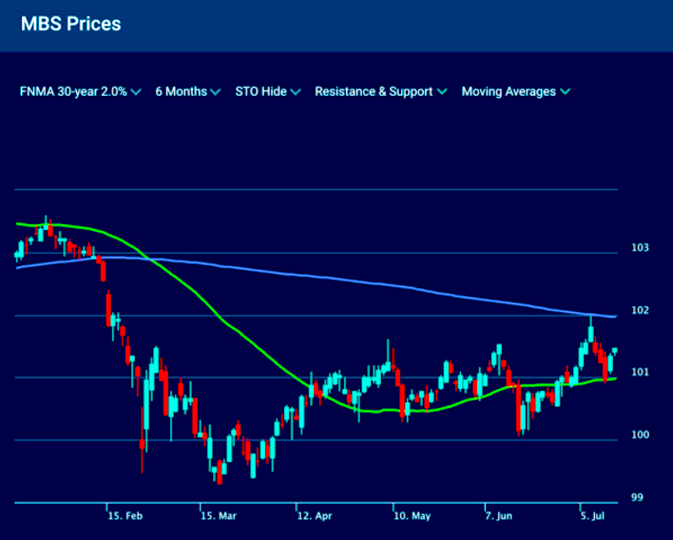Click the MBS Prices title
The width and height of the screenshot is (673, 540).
[x=71, y=24]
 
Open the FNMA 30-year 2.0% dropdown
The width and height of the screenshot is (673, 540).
[x=80, y=92]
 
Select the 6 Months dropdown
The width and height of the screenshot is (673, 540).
[x=188, y=92]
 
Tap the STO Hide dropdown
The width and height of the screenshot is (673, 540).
[x=267, y=92]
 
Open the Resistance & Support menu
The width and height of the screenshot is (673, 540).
[x=381, y=92]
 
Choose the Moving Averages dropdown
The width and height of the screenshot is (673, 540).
[x=515, y=92]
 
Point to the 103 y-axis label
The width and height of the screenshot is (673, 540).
[x=639, y=248]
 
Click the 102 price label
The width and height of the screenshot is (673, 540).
[x=639, y=310]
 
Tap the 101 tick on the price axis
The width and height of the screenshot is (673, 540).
[x=639, y=372]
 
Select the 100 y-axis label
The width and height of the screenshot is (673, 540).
[x=639, y=435]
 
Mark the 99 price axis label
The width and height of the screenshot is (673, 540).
[x=637, y=498]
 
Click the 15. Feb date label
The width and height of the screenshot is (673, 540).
[x=125, y=516]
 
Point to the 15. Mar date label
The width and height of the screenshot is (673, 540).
[x=219, y=516]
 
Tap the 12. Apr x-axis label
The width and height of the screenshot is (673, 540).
[x=314, y=516]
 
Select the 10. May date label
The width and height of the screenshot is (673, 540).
[x=412, y=516]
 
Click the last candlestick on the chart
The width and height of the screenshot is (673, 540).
[x=615, y=351]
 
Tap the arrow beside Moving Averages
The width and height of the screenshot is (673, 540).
[x=565, y=92]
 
